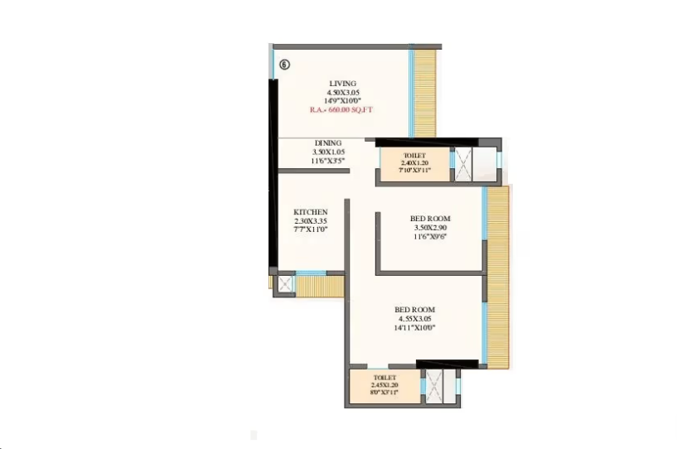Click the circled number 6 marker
pyautogui.click(x=284, y=65)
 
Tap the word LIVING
pyautogui.click(x=342, y=84)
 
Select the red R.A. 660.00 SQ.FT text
pyautogui.click(x=343, y=109)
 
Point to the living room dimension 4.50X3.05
pyautogui.click(x=342, y=92)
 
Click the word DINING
pyautogui.click(x=327, y=143)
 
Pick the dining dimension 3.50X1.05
pyautogui.click(x=327, y=152)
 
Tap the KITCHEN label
pyautogui.click(x=311, y=212)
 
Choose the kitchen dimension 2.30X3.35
pyautogui.click(x=311, y=221)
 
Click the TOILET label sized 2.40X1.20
pyautogui.click(x=414, y=155)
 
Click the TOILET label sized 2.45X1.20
pyautogui.click(x=384, y=377)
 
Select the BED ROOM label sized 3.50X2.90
pyautogui.click(x=430, y=219)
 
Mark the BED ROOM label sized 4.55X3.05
pyautogui.click(x=415, y=310)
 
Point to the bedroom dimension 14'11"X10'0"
pyautogui.click(x=415, y=328)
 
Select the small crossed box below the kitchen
pyautogui.click(x=284, y=283)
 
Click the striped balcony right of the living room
pyautogui.click(x=425, y=93)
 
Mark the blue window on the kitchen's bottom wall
pyautogui.click(x=311, y=273)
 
